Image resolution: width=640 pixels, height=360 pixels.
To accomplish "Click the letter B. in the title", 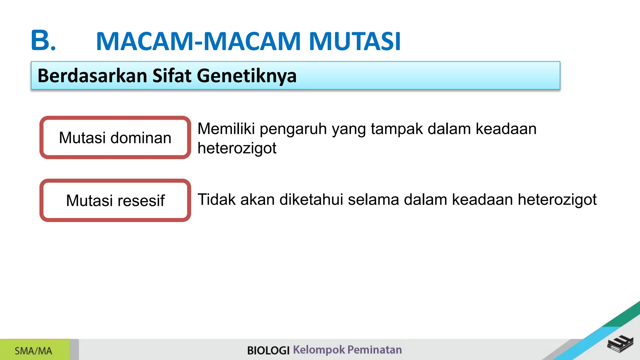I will (43, 41).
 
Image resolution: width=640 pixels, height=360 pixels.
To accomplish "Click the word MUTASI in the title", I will (355, 41).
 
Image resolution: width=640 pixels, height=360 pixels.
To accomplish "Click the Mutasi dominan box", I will (115, 137).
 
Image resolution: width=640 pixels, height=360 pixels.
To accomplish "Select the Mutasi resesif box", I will (115, 200).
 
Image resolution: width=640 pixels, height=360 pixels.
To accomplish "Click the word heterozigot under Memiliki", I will (237, 148).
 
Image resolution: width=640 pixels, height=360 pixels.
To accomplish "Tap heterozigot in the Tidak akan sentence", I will (557, 200).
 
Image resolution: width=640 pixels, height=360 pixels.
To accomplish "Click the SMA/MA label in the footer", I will (33, 351).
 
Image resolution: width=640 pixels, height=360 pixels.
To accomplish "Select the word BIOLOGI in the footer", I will (268, 350).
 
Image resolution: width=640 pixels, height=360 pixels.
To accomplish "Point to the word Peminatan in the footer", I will (374, 350).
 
